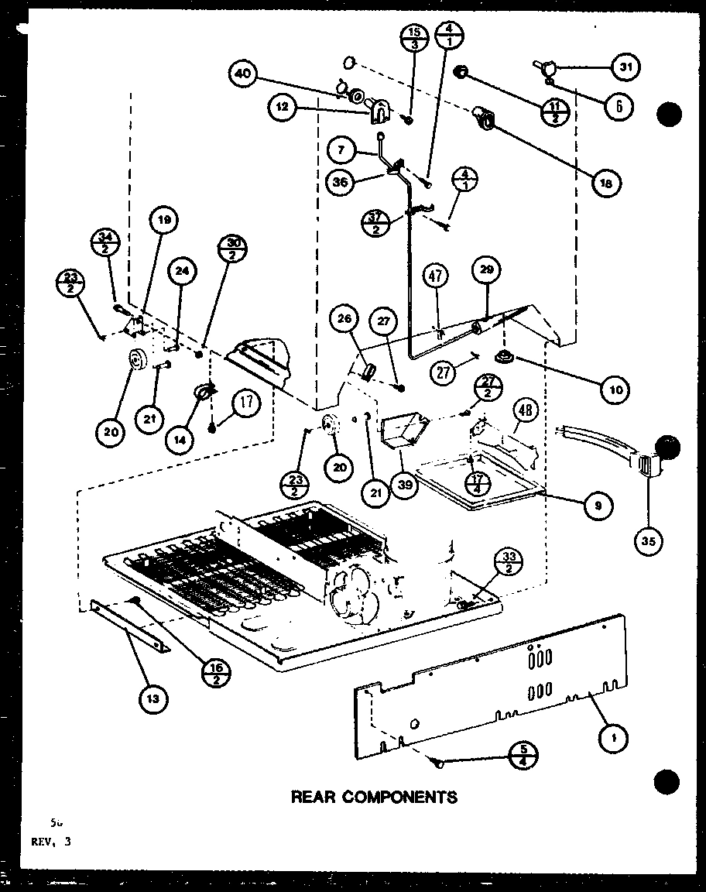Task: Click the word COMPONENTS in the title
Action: (409, 796)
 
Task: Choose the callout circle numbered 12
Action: (283, 109)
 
